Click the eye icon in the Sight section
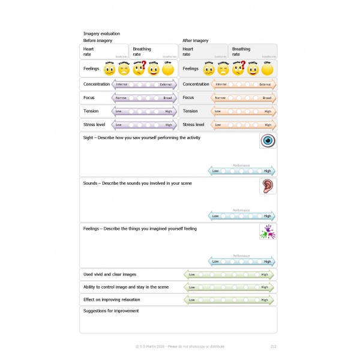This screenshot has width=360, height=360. pyautogui.click(x=267, y=141)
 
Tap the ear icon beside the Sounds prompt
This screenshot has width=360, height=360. pyautogui.click(x=267, y=186)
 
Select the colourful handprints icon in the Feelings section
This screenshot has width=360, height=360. pyautogui.click(x=267, y=232)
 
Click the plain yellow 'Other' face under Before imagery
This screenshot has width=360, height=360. pyautogui.click(x=167, y=69)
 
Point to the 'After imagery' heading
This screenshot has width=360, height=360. pyautogui.click(x=195, y=41)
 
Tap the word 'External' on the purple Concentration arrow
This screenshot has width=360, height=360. pyautogui.click(x=166, y=85)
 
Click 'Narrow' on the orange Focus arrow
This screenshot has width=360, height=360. pyautogui.click(x=220, y=98)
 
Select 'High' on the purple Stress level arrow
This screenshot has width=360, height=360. pyautogui.click(x=168, y=125)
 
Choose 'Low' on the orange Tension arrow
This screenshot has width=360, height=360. pyautogui.click(x=217, y=111)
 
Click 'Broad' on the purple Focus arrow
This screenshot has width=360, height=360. pyautogui.click(x=167, y=98)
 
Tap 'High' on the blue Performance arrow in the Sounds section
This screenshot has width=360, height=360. pyautogui.click(x=267, y=216)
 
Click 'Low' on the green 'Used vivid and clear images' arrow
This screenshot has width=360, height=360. pyautogui.click(x=192, y=275)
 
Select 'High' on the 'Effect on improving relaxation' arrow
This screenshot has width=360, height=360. pyautogui.click(x=265, y=299)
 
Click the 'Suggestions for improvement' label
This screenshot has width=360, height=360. pyautogui.click(x=111, y=311)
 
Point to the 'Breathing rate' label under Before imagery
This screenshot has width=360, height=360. pyautogui.click(x=142, y=52)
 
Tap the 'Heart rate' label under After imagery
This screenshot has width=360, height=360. pyautogui.click(x=188, y=52)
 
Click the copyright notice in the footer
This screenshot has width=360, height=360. pyautogui.click(x=180, y=346)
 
